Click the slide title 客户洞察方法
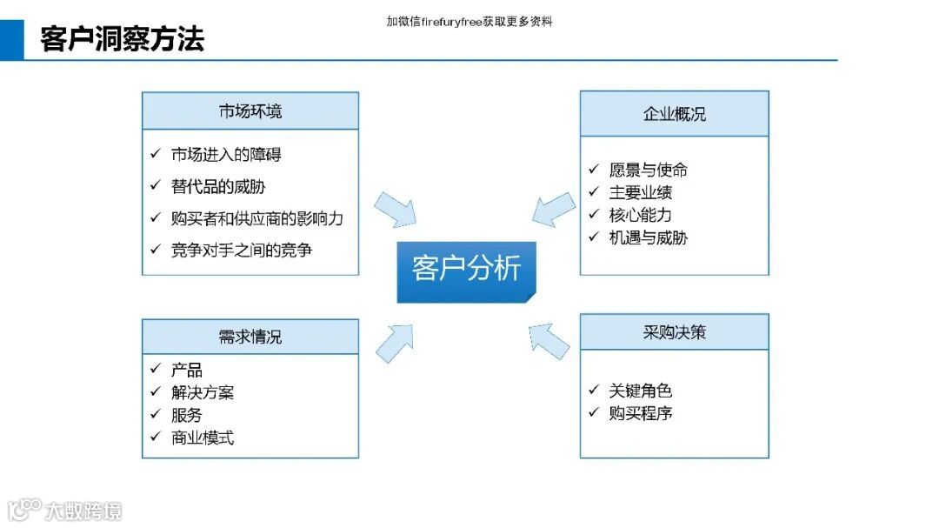pyautogui.click(x=123, y=39)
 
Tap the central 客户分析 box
pyautogui.click(x=466, y=269)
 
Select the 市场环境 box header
pyautogui.click(x=250, y=111)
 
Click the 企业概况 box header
pyautogui.click(x=674, y=114)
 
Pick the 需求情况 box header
pyautogui.click(x=250, y=337)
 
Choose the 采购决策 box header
pyautogui.click(x=674, y=332)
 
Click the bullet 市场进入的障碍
pyautogui.click(x=226, y=155)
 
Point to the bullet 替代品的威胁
pyautogui.click(x=218, y=186)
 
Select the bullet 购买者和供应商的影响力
pyautogui.click(x=256, y=218)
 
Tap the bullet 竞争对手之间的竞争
pyautogui.click(x=242, y=251)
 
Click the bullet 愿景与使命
pyautogui.click(x=648, y=170)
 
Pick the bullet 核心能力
pyautogui.click(x=640, y=215)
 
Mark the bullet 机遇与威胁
pyautogui.click(x=648, y=237)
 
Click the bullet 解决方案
pyautogui.click(x=203, y=393)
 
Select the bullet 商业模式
pyautogui.click(x=203, y=438)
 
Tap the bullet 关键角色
pyautogui.click(x=640, y=391)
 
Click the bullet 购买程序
pyautogui.click(x=640, y=413)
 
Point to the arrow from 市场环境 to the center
pyautogui.click(x=396, y=210)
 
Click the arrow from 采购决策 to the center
pyautogui.click(x=549, y=338)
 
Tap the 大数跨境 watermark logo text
pyautogui.click(x=83, y=511)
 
